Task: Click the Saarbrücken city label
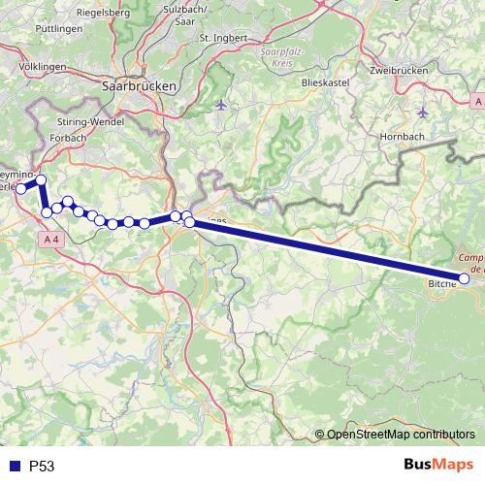(139, 85)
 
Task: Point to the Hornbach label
(400, 137)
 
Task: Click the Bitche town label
(442, 285)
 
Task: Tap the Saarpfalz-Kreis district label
(283, 56)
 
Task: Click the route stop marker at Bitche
(465, 278)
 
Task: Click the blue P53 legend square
(13, 466)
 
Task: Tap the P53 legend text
(42, 466)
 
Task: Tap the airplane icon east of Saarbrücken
(222, 104)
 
